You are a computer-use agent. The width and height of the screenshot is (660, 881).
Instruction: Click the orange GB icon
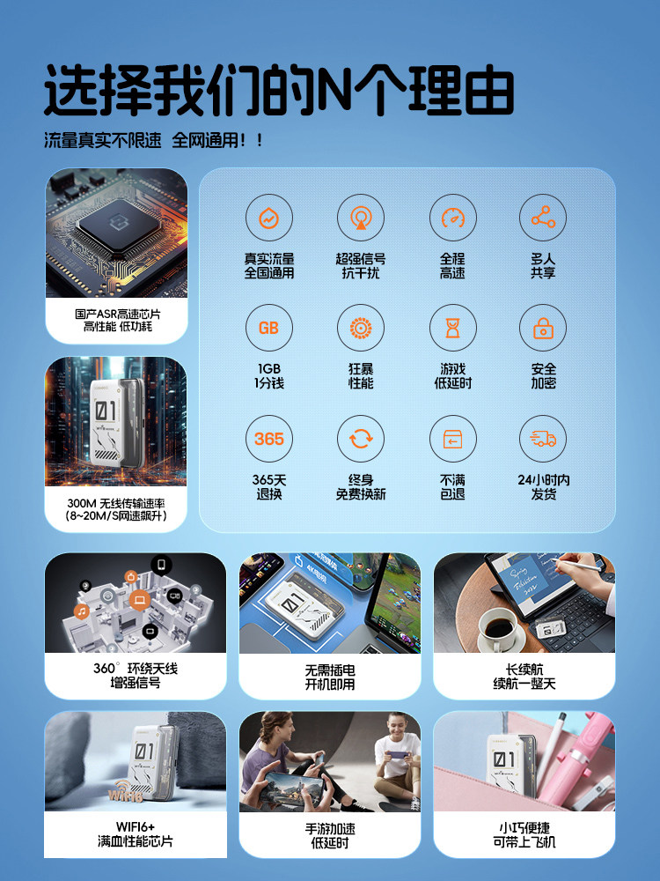268,328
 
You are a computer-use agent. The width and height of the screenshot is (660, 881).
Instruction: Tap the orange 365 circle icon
268,439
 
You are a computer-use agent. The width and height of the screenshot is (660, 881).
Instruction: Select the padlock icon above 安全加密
543,328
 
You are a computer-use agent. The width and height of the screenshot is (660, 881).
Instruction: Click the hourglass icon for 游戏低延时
452,328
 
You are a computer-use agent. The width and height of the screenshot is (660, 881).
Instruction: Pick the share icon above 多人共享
543,217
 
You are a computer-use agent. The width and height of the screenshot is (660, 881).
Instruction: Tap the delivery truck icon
543,439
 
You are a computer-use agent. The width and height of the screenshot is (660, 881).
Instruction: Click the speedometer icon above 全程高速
452,217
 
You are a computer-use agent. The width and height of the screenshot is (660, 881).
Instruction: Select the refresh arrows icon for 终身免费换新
361,439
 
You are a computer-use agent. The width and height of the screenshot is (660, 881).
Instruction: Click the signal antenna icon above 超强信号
361,217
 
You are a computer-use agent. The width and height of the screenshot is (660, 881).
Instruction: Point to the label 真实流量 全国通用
268,266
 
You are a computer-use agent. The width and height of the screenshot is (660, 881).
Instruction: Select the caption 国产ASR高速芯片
117,314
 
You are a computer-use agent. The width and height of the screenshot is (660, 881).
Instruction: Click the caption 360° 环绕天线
136,668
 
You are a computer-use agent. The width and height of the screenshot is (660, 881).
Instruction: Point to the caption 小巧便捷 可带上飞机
524,835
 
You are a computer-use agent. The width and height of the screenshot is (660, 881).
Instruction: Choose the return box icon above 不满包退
452,439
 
